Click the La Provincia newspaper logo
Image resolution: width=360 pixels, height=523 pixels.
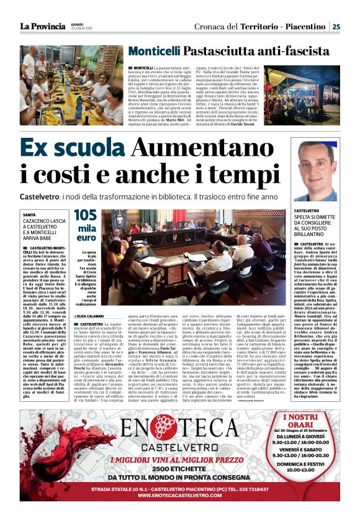[42, 26]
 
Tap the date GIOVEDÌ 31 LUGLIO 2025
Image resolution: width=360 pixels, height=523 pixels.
[80, 27]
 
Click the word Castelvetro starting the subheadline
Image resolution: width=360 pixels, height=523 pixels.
[39, 196]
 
